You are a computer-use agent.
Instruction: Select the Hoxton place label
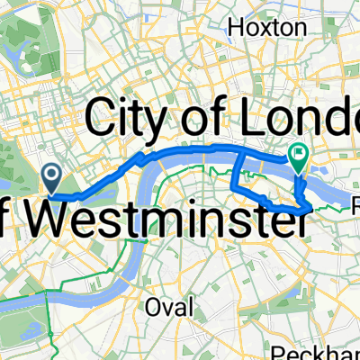pos(267,29)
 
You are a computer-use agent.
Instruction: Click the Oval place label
pos(170,307)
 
